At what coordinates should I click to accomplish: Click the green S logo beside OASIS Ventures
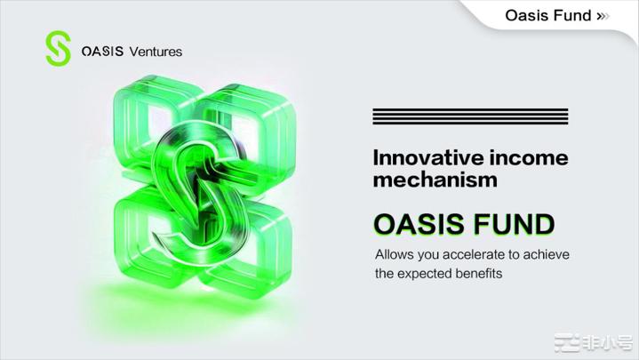pos(58,49)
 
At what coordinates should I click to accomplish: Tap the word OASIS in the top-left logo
pos(102,52)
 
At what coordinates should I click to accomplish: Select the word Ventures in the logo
pos(156,52)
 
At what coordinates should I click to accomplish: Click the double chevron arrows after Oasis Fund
pos(603,16)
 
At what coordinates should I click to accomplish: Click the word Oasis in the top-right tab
pos(528,15)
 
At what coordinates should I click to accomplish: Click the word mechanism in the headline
pos(435,180)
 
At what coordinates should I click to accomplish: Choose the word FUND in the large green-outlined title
pos(514,224)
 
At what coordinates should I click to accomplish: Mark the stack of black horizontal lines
pos(470,116)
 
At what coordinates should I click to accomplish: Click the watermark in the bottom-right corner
pos(593,342)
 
